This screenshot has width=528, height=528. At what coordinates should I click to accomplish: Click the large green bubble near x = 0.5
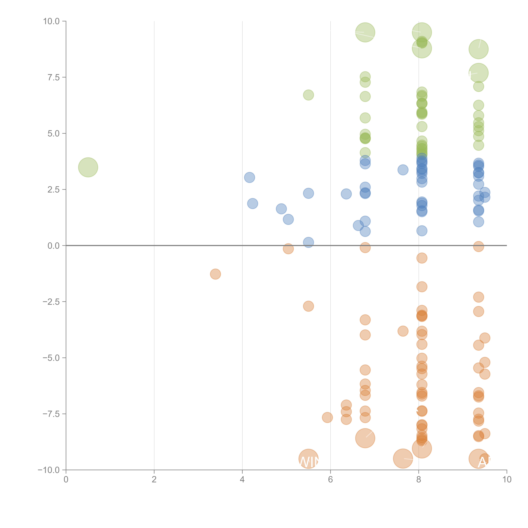click(88, 167)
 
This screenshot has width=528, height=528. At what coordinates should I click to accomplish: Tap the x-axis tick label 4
click(242, 479)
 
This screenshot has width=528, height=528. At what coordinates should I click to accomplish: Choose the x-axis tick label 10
click(507, 479)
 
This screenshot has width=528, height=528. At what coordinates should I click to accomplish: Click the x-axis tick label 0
click(66, 479)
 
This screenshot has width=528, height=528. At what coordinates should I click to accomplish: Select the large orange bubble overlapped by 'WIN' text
click(308, 459)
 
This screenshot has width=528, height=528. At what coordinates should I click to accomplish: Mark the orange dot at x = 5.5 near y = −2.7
click(308, 306)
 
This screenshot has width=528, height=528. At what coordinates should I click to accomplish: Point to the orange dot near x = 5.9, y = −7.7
click(327, 417)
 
